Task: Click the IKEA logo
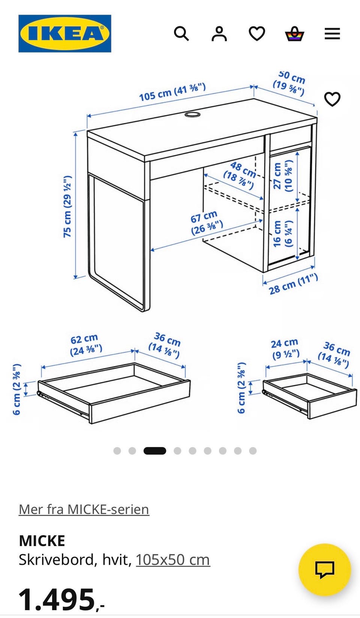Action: tap(65, 33)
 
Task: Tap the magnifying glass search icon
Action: tap(181, 34)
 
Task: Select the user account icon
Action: tap(219, 34)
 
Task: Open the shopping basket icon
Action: tap(294, 34)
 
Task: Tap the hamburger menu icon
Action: tap(332, 34)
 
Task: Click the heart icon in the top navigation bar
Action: tap(257, 34)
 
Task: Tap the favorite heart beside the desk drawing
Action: tap(332, 99)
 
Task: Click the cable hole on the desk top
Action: tap(192, 114)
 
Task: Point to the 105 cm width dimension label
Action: tap(172, 92)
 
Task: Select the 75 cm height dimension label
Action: tap(67, 206)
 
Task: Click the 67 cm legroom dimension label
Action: tap(206, 222)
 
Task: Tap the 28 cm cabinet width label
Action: tap(294, 285)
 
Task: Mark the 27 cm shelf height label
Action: tap(282, 176)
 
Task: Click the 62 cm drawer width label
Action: tap(86, 345)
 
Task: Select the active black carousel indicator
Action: tap(155, 451)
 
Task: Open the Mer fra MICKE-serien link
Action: tap(84, 509)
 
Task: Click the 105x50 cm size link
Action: tap(173, 560)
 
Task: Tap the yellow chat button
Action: tap(325, 570)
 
